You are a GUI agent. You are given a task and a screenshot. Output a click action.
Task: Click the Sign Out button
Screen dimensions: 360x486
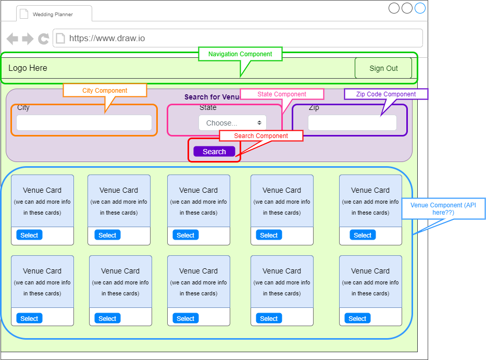tap(383, 68)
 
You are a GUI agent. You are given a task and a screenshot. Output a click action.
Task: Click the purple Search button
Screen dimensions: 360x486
tap(214, 152)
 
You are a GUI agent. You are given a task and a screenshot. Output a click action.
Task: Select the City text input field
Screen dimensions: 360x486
tap(84, 123)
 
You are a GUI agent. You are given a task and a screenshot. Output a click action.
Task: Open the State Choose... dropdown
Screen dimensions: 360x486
tap(232, 123)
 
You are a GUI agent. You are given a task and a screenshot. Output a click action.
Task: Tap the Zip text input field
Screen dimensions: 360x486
tap(352, 123)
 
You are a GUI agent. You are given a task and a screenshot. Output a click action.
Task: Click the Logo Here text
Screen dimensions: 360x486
tap(28, 68)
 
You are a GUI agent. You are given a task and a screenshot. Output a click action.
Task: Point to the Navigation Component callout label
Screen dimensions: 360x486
tap(240, 54)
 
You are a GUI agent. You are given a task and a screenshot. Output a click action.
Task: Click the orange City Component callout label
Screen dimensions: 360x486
tap(105, 91)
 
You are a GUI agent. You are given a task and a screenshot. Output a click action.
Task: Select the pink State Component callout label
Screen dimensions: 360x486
tap(282, 94)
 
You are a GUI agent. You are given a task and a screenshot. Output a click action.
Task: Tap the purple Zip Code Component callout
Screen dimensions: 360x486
tap(386, 94)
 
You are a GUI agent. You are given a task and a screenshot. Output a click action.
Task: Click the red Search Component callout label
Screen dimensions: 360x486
tap(261, 136)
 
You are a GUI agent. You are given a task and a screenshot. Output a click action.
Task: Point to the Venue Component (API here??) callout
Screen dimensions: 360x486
tap(443, 209)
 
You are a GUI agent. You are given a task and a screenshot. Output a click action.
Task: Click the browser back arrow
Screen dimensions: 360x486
tap(13, 39)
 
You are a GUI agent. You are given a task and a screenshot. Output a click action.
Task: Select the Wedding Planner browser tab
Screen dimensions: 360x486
tap(53, 14)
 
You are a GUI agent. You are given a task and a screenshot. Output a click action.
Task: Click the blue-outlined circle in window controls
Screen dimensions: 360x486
tap(420, 8)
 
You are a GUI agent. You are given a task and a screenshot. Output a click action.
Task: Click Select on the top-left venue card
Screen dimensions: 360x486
tap(29, 235)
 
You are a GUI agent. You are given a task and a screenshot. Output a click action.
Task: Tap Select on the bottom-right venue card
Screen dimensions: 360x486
tap(357, 319)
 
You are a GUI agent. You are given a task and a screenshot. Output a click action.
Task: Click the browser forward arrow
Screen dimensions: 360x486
tap(28, 39)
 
